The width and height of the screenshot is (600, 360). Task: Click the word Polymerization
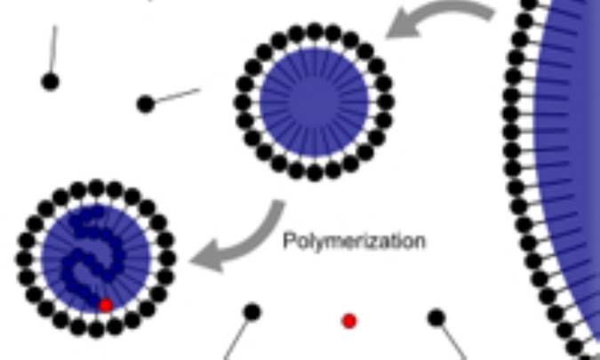coord(354,242)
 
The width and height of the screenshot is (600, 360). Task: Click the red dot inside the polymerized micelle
coord(106,306)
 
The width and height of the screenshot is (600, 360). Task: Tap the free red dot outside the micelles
coord(349,322)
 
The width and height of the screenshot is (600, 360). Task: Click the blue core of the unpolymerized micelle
coord(314,102)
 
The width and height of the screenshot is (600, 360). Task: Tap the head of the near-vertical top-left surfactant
coord(50,82)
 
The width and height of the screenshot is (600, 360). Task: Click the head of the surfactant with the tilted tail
coord(146,104)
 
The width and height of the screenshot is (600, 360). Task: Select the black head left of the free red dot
coord(252,312)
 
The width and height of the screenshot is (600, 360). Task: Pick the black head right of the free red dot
coord(436,318)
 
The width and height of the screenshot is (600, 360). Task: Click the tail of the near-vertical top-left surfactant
coord(53,49)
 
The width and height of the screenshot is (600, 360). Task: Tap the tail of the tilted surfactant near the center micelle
coord(178,95)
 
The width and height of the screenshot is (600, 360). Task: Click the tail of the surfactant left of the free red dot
coord(236,340)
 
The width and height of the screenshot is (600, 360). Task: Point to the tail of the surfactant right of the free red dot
coord(454,341)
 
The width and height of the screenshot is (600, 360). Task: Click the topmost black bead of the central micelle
coord(315,31)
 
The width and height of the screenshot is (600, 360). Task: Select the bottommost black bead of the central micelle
coord(315,173)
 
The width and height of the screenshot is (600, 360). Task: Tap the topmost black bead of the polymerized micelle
coord(96,188)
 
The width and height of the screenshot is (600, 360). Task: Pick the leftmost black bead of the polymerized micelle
coord(24,259)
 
